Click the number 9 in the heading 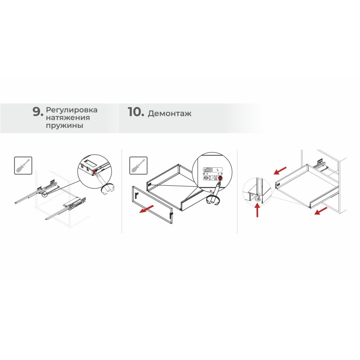(x=38, y=112)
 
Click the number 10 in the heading (x=136, y=112)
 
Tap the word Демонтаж (x=170, y=113)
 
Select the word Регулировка (x=72, y=110)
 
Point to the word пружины (x=64, y=126)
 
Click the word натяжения (x=68, y=117)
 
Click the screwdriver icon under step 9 (x=23, y=166)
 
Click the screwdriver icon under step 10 (x=139, y=166)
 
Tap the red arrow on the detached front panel (x=147, y=209)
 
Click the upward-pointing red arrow (x=257, y=211)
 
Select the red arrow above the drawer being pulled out (x=280, y=171)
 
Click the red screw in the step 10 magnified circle (x=220, y=178)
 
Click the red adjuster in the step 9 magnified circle (x=95, y=171)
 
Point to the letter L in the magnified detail (x=218, y=170)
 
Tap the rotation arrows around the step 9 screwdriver (x=108, y=189)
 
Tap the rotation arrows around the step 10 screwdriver (x=213, y=200)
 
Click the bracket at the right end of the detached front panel (x=171, y=215)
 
